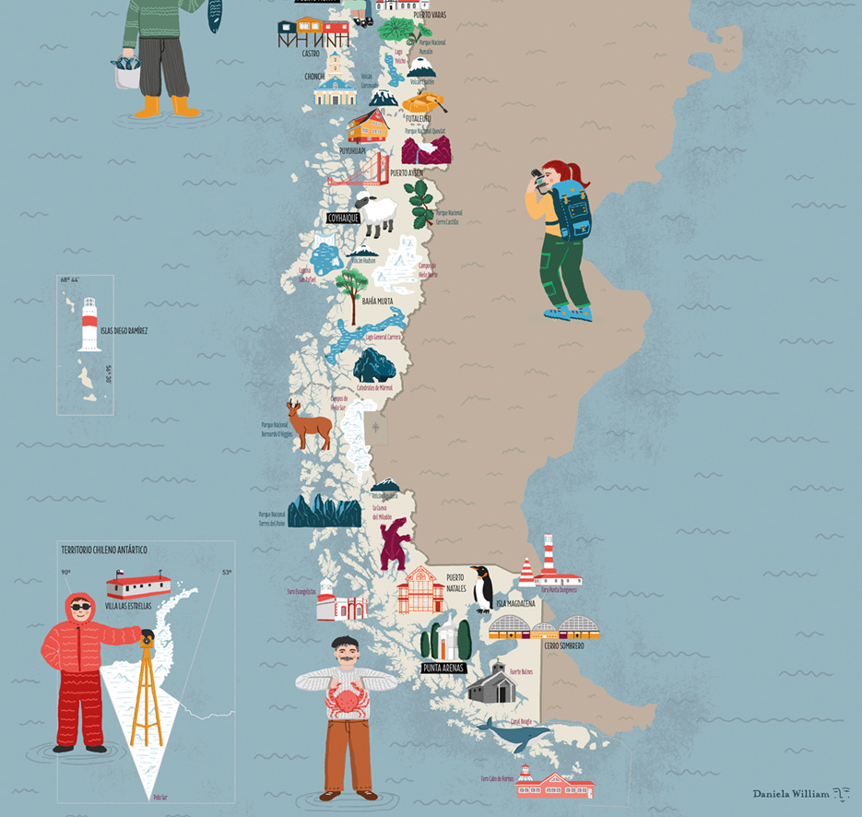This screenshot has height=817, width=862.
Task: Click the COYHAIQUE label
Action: tap(342, 219)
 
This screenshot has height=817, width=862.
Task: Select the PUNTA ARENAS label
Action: tap(443, 668)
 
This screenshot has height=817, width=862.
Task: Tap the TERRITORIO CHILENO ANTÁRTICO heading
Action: tap(104, 551)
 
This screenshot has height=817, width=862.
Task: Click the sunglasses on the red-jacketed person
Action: tap(81, 607)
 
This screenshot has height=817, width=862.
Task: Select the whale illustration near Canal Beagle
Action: tap(515, 736)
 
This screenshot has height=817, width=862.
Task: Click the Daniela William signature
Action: tap(790, 793)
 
